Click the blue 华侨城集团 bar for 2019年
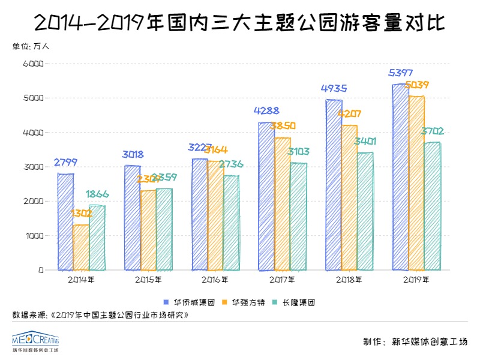click(x=400, y=177)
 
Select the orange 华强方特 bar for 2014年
click(x=81, y=247)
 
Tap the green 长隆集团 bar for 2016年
click(x=231, y=223)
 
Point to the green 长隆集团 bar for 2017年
click(x=298, y=217)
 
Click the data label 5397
click(x=400, y=73)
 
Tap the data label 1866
click(x=97, y=194)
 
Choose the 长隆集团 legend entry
click(x=295, y=301)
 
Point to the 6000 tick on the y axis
click(x=33, y=63)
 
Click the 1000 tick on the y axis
click(x=33, y=236)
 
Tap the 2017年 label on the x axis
click(x=282, y=279)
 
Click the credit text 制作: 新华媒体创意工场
click(x=415, y=342)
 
